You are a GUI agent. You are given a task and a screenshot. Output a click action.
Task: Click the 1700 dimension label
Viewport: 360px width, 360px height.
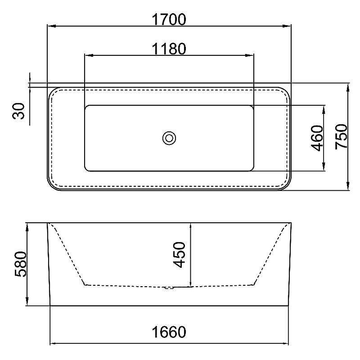coord(169,19)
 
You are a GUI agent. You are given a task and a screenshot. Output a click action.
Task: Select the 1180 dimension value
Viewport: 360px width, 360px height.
coord(169,49)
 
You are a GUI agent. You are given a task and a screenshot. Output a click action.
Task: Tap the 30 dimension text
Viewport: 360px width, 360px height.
coord(18,111)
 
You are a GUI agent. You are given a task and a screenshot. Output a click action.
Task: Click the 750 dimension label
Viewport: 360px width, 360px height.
coord(342,137)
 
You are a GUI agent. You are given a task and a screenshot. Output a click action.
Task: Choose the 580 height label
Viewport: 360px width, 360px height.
coord(21,264)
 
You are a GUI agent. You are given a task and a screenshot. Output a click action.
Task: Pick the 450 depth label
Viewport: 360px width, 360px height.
coord(179,255)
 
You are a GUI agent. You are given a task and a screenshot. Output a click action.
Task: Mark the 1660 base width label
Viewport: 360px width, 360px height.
coord(169,332)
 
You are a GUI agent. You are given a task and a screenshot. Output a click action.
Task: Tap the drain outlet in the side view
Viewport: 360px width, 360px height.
coord(169,288)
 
